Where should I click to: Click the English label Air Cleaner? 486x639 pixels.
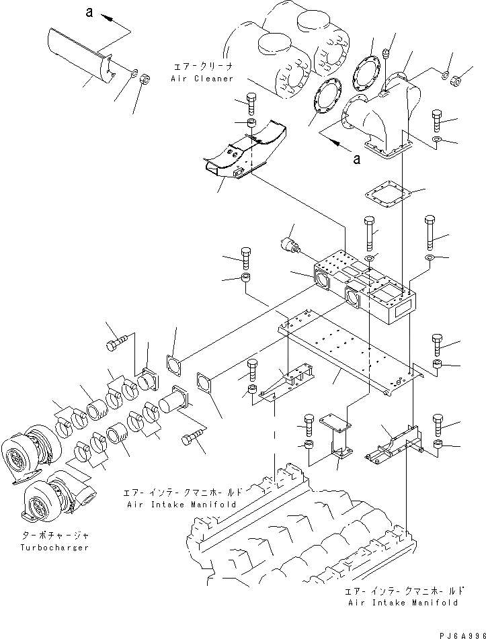(202, 79)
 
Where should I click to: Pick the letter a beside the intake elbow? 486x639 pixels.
(356, 159)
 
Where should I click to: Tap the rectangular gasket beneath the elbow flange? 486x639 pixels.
(387, 194)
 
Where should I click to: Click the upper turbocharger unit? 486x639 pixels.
(26, 450)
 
